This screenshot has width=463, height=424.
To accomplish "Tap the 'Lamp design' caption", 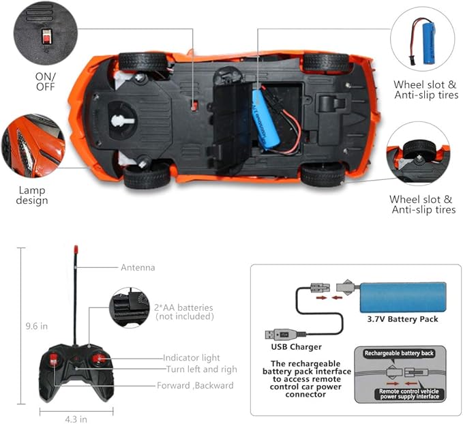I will (33, 195).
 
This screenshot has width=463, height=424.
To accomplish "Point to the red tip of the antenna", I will (74, 251).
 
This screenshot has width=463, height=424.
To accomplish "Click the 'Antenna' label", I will (138, 268).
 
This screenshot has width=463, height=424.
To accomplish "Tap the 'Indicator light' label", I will (192, 357).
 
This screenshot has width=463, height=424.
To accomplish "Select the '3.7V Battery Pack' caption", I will (402, 318).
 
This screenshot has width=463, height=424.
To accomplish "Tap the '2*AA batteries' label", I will (184, 308).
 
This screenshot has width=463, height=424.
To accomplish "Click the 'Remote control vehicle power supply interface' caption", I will (400, 396).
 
